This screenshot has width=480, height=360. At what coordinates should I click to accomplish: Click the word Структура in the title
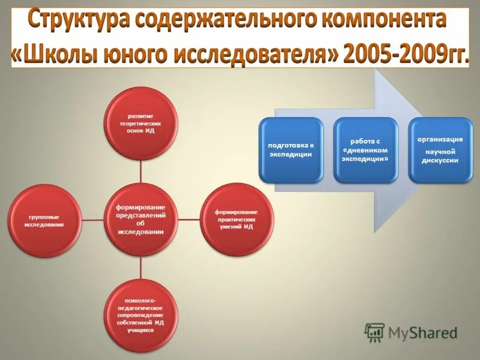[79, 21]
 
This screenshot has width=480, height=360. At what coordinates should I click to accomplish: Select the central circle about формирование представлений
[141, 219]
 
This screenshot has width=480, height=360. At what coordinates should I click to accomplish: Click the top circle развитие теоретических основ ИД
[141, 123]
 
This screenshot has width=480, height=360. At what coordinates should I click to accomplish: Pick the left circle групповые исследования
[45, 220]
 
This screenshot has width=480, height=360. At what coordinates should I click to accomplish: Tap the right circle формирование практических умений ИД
[236, 219]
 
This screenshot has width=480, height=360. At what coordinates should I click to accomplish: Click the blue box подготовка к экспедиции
[291, 150]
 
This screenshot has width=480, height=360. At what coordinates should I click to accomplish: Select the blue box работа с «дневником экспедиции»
[365, 150]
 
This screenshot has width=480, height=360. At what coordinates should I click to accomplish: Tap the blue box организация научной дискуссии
[440, 150]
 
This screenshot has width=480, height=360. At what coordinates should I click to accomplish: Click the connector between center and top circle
[141, 171]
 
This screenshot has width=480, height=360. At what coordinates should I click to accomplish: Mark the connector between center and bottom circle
[141, 267]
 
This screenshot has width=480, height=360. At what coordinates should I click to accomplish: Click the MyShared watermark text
[422, 332]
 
